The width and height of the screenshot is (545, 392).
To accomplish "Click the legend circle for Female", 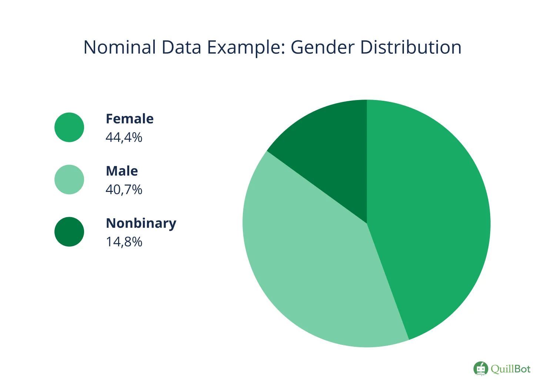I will coord(69,127).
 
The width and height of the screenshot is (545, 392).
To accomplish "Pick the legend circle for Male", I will coord(69,180).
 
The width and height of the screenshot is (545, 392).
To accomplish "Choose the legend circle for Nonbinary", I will coord(69,232).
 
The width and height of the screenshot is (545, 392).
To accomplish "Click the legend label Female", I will coord(130,119).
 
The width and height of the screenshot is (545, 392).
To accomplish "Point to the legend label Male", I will coord(122,171).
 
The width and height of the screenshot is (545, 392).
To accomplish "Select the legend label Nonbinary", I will coord(141,223).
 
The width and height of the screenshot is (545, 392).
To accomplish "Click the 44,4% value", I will coord(124,137).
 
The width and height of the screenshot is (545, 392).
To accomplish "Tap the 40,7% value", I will coord(124,190).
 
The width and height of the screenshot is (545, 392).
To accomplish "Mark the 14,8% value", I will coord(124,242).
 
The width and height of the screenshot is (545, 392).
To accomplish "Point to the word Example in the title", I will coord(244,47).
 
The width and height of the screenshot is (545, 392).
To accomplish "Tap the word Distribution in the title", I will coord(411,47).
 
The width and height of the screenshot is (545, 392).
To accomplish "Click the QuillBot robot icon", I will coord(481,369).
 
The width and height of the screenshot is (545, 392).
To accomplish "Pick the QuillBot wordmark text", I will coord(511,369).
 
